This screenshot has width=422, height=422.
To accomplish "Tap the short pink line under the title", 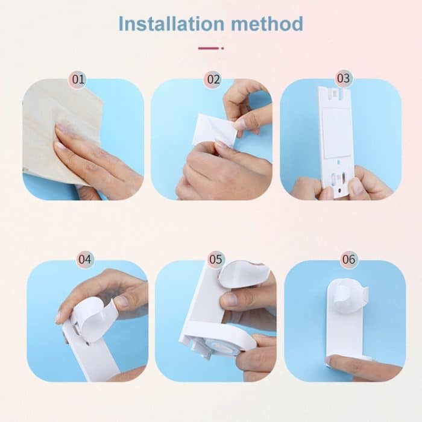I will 210,48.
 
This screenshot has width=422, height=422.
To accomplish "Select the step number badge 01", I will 78,79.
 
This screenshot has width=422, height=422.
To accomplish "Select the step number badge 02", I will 213,79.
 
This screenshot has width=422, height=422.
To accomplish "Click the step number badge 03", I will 343,78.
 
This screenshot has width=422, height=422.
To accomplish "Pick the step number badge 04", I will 86,260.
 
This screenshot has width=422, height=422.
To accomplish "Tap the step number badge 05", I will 215,260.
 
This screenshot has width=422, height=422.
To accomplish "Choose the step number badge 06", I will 348,260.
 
